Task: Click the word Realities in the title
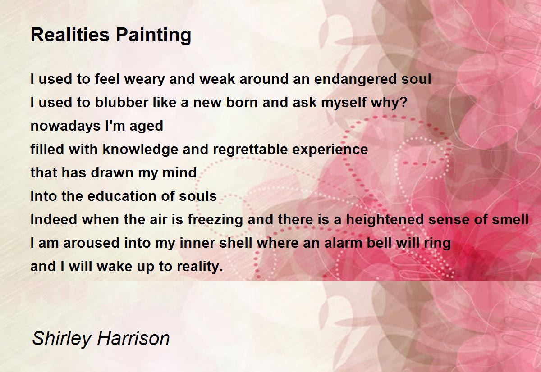click(70, 35)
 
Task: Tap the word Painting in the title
click(153, 36)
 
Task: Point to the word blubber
click(121, 102)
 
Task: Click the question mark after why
click(404, 102)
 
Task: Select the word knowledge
click(141, 150)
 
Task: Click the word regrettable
click(250, 150)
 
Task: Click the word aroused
click(91, 243)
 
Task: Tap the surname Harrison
click(133, 338)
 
